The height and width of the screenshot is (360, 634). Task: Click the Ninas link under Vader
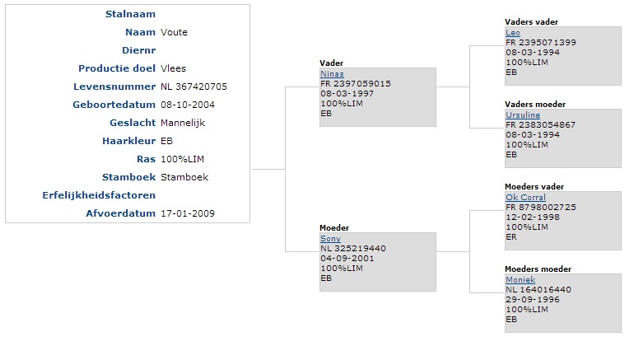tap(332, 74)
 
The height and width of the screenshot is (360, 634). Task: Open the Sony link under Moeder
tap(330, 239)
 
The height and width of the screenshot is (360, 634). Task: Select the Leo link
tap(513, 33)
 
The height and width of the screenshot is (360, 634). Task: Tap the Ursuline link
tap(523, 115)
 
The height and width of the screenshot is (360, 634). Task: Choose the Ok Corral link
tap(525, 198)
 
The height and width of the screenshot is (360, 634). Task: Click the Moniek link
tap(520, 280)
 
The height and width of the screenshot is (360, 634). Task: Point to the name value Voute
tap(174, 32)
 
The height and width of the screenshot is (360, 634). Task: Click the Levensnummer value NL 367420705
tap(193, 86)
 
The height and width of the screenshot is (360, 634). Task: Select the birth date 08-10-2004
tap(188, 105)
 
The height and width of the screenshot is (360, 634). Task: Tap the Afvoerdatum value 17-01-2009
tap(188, 213)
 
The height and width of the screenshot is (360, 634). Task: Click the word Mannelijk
tap(183, 123)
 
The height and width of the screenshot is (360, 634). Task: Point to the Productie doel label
tap(117, 68)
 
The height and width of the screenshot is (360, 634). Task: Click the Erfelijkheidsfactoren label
tap(99, 195)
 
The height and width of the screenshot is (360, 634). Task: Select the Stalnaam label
tap(130, 14)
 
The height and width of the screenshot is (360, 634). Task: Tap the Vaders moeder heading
tap(535, 105)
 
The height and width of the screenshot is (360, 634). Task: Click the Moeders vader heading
tap(534, 187)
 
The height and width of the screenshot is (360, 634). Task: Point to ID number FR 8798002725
tap(541, 207)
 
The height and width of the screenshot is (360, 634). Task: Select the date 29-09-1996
tap(533, 300)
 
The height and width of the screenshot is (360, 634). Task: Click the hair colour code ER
tap(511, 237)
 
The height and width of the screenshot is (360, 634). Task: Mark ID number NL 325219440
tap(353, 248)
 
